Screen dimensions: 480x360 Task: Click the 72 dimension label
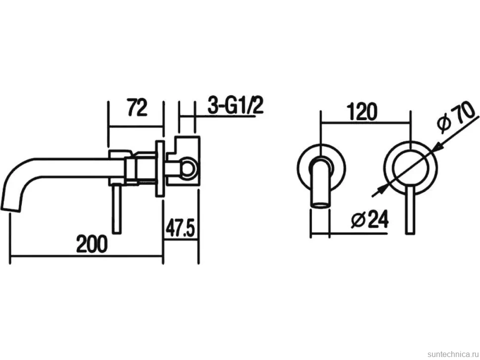coord(138,107)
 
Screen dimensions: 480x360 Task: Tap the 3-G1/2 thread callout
coord(236,105)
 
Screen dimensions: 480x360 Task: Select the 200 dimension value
coord(92,244)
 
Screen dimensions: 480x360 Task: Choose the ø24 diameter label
coord(370,219)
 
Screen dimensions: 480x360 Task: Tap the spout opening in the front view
coord(320,205)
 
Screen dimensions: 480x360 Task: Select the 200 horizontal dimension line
coord(87,255)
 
